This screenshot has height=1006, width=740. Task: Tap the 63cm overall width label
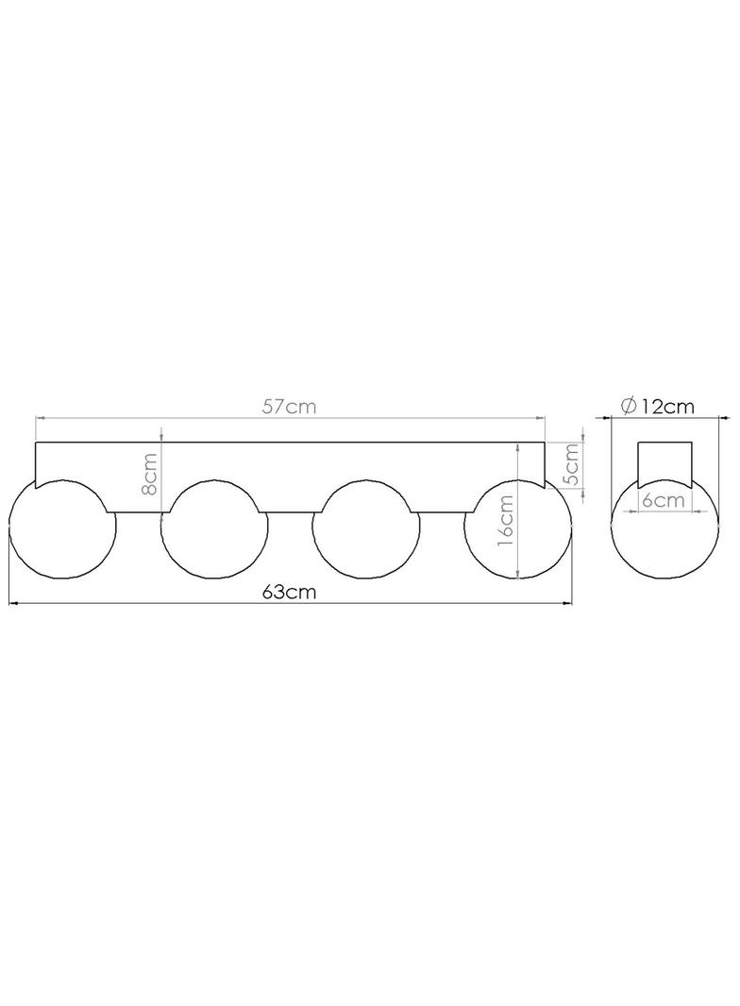pyautogui.click(x=289, y=592)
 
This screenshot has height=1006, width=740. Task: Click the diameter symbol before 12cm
pyautogui.click(x=629, y=406)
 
